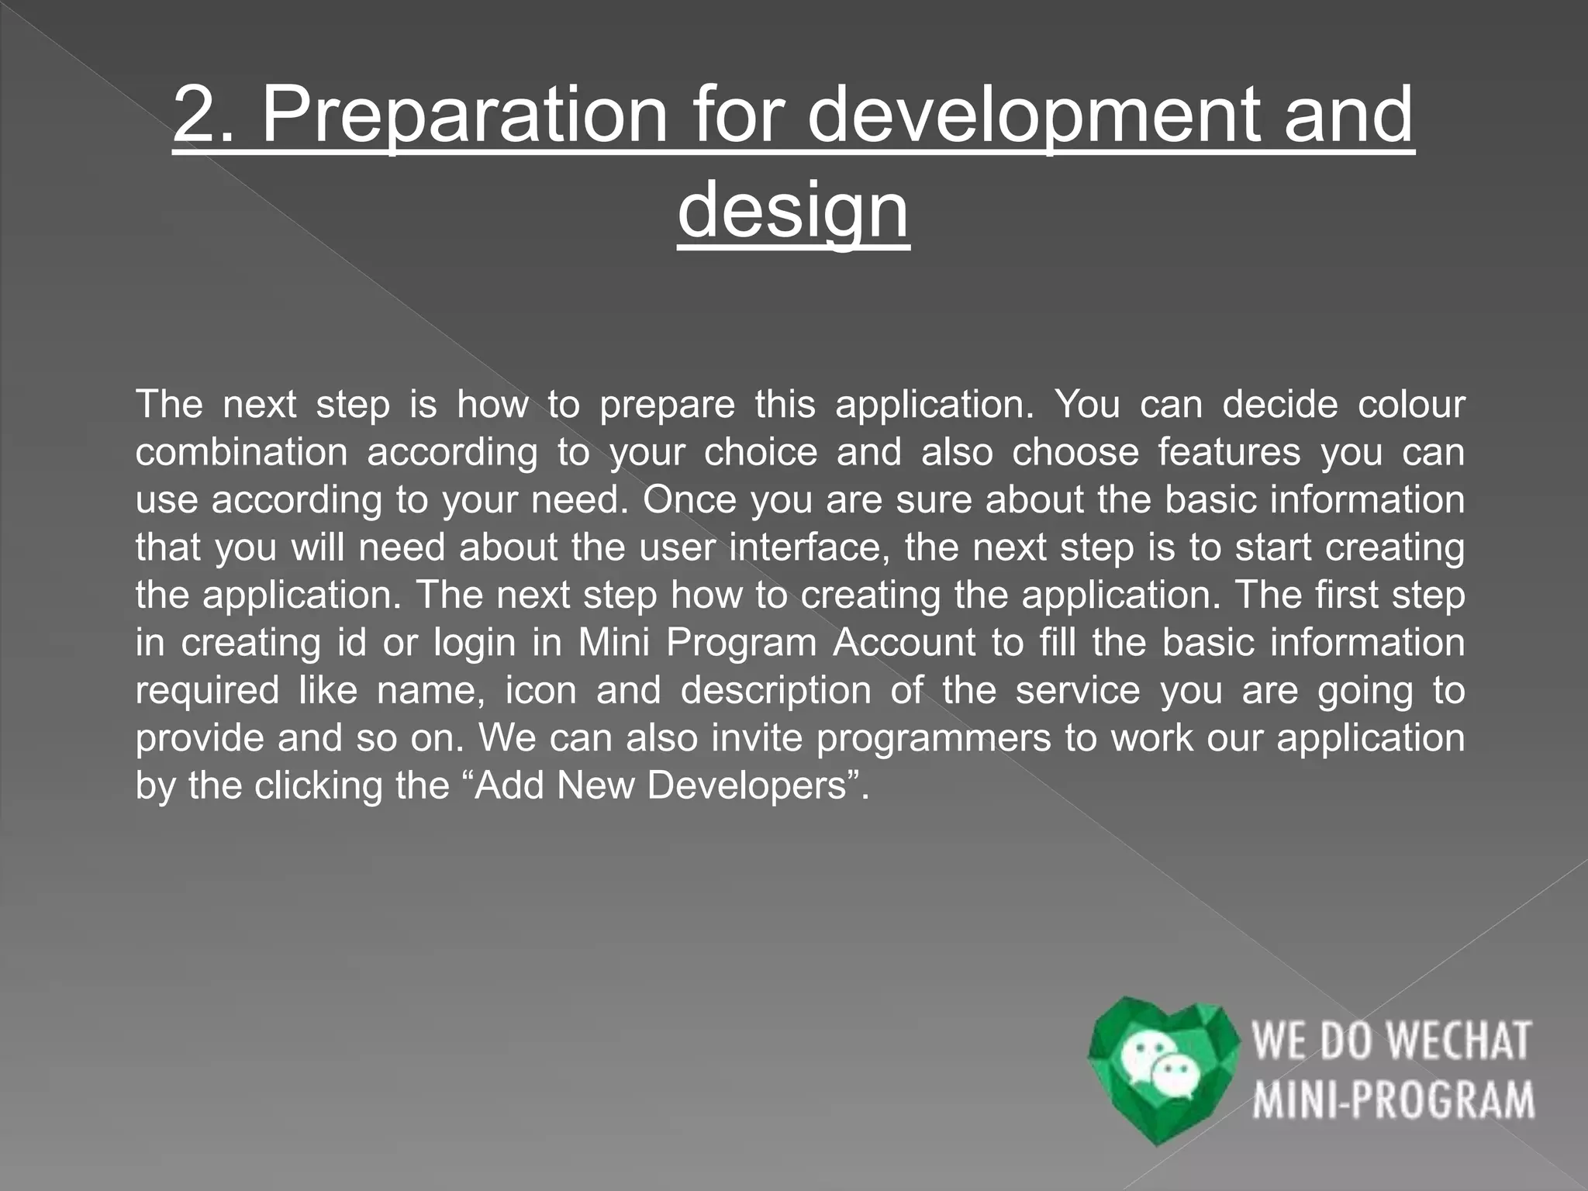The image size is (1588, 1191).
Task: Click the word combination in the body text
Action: point(241,452)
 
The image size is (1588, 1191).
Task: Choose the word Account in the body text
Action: point(903,643)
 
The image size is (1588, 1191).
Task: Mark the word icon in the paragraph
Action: point(540,691)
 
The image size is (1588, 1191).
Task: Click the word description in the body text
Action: point(775,691)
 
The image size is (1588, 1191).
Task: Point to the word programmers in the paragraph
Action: point(933,738)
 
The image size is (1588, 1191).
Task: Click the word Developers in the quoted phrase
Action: point(746,785)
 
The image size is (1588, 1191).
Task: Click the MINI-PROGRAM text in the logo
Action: point(1393,1100)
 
